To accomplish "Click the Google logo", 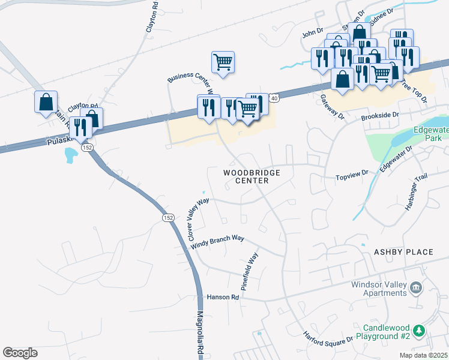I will (20, 353).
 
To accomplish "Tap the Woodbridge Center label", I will (252, 176).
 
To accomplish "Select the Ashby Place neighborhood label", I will (403, 252).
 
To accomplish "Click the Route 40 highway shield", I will (273, 98).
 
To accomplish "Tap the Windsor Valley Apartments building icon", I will (415, 289).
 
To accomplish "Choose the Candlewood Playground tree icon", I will (421, 331).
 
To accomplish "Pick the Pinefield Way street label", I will (250, 272).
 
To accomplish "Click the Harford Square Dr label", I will (328, 338).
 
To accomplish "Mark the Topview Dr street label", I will (351, 175).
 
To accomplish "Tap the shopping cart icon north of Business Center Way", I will (223, 62).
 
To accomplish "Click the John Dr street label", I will (313, 34).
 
